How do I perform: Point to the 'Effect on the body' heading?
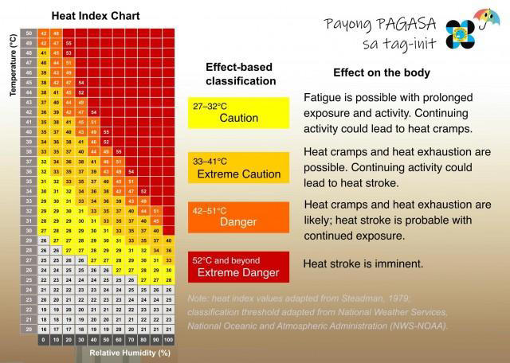coord(381,72)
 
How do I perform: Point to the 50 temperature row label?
coord(29,32)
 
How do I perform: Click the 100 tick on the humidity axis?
coord(168,339)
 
